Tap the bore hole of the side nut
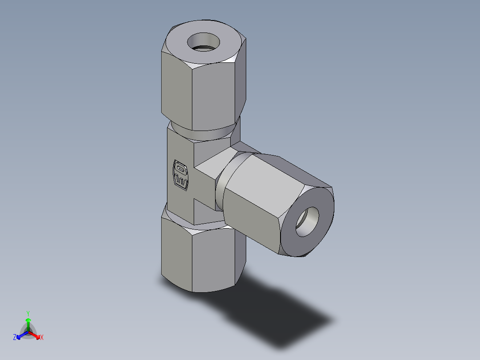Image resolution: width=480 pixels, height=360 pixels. (308, 221)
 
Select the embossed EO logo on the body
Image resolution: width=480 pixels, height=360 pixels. (180, 174)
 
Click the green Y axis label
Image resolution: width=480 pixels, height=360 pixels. (28, 313)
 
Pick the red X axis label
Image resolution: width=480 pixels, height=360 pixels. (42, 338)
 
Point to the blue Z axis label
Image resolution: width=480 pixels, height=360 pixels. (15, 338)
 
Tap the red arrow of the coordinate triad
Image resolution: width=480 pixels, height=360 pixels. (36, 335)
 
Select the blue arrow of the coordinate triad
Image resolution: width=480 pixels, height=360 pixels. (21, 335)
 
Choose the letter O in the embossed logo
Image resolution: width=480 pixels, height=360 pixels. (180, 169)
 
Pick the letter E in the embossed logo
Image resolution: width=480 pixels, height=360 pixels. (181, 180)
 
